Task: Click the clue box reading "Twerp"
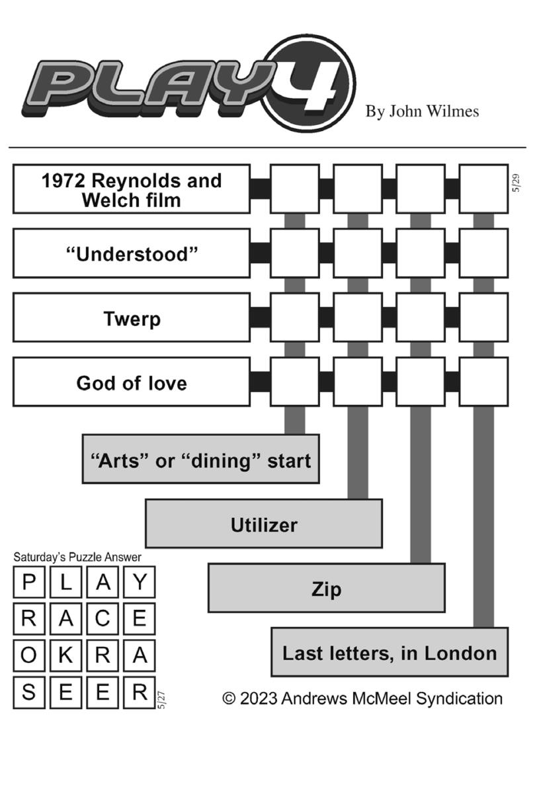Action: pos(132,318)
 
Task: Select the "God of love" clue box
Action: pos(132,382)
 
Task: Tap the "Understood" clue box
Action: pos(132,253)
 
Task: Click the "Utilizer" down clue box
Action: pos(264,524)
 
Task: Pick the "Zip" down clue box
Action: pos(327,587)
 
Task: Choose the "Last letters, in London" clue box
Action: pos(390,652)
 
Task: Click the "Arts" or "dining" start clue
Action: pos(201,459)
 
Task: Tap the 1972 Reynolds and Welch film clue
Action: pos(132,189)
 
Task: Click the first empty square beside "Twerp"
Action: pos(295,318)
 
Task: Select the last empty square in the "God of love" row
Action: pos(484,382)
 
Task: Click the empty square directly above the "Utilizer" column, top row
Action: pos(358,189)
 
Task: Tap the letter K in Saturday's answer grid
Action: pos(65,655)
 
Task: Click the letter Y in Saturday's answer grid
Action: pos(140,582)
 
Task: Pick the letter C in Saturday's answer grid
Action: pos(103,618)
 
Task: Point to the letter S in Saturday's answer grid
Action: pos(29,692)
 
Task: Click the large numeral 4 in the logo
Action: pos(311,85)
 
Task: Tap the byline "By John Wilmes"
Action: pos(422,111)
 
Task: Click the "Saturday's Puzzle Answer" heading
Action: pos(77,557)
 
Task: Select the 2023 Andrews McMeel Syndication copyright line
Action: pos(362,698)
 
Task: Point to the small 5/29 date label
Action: pos(516,183)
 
